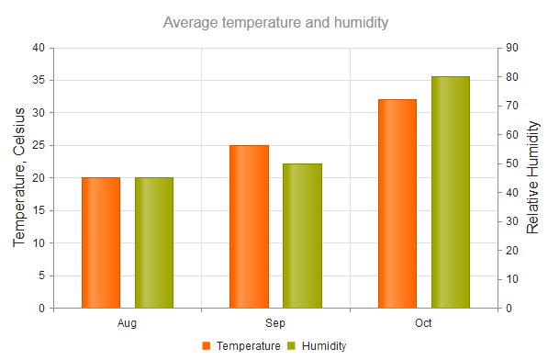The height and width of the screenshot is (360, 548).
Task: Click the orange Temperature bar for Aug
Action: pyautogui.click(x=101, y=242)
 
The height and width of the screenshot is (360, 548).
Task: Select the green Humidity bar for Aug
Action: pyautogui.click(x=154, y=242)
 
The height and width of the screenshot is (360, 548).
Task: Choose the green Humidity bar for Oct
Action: pyautogui.click(x=451, y=192)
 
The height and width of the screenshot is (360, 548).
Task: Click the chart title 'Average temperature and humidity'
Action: pyautogui.click(x=275, y=22)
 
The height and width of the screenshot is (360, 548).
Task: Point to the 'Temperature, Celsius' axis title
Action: pyautogui.click(x=18, y=177)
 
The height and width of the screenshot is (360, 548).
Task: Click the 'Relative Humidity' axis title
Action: pyautogui.click(x=532, y=177)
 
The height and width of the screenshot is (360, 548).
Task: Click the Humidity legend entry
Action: pyautogui.click(x=318, y=346)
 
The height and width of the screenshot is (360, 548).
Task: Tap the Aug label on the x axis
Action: pyautogui.click(x=128, y=323)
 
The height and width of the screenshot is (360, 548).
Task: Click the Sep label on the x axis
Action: pyautogui.click(x=275, y=323)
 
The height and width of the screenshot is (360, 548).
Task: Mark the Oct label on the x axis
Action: pyautogui.click(x=423, y=323)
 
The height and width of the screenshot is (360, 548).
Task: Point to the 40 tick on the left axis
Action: pyautogui.click(x=38, y=48)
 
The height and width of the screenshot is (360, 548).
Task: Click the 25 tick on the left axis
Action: pyautogui.click(x=38, y=145)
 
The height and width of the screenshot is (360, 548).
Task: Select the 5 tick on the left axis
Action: pyautogui.click(x=40, y=276)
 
